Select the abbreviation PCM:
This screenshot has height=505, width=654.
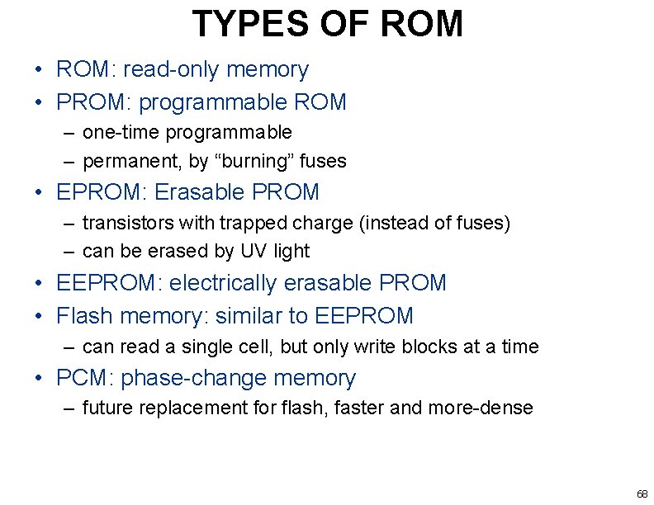[85, 379]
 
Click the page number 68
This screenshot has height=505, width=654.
[642, 493]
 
